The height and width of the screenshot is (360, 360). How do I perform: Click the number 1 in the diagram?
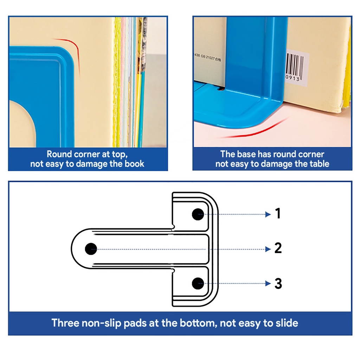[x=278, y=213]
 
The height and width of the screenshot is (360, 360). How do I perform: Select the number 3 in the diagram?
[x=278, y=284]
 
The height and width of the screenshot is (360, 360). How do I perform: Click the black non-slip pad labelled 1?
[x=198, y=214]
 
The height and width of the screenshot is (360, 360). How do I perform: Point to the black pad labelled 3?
[x=198, y=284]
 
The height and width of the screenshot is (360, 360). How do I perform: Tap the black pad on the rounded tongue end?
[x=91, y=249]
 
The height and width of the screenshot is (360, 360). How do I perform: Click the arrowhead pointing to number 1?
[x=268, y=214]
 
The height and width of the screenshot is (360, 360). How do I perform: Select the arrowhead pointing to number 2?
[x=268, y=249]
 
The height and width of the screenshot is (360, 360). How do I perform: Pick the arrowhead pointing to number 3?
[x=268, y=284]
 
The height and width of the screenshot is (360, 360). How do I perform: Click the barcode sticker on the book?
[x=297, y=67]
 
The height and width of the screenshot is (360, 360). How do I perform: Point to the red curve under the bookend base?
[x=255, y=130]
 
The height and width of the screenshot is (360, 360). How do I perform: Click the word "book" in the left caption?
[x=134, y=164]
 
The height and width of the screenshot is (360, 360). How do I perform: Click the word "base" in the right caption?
[x=247, y=154]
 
